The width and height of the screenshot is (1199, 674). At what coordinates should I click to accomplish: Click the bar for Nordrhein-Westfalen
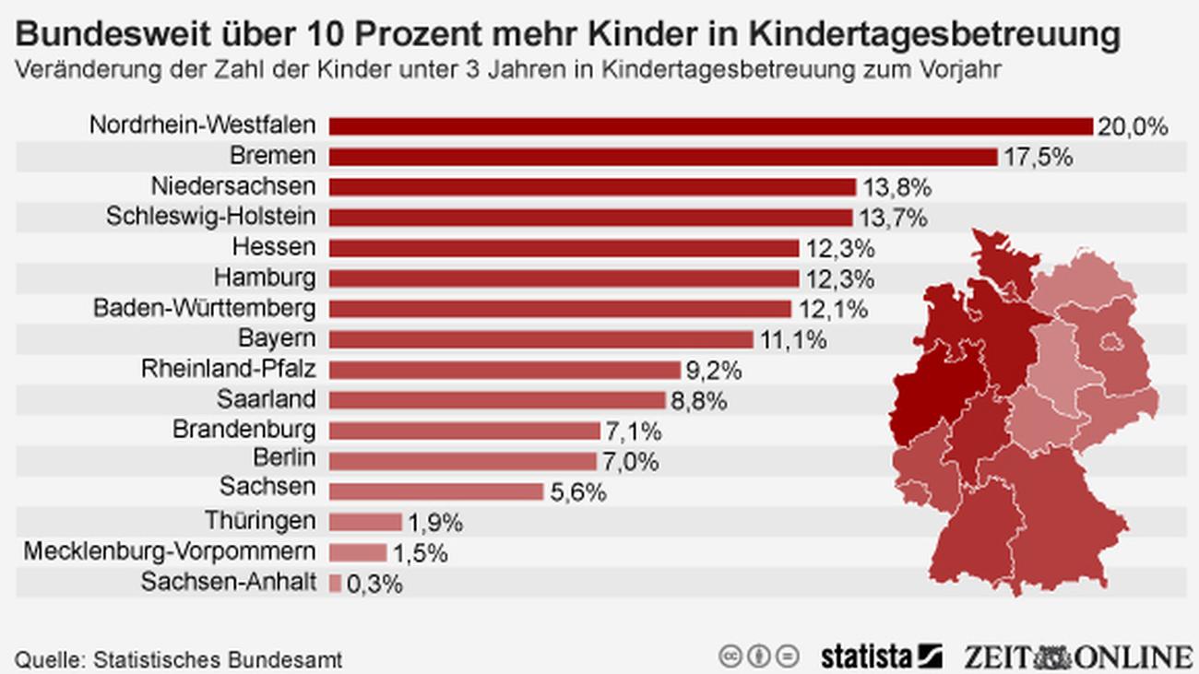click(x=710, y=126)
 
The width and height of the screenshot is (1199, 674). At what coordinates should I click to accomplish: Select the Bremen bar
click(x=663, y=157)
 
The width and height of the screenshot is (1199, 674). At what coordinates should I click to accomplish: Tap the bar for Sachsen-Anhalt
click(x=335, y=583)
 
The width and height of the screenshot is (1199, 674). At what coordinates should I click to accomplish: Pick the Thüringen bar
click(x=365, y=522)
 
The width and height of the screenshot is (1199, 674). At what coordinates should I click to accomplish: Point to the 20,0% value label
click(x=1133, y=126)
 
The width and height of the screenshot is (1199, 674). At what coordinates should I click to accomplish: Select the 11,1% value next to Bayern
click(x=793, y=339)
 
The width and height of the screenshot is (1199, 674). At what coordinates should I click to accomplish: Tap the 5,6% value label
click(x=578, y=491)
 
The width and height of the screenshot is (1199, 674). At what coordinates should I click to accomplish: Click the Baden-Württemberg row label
click(x=204, y=308)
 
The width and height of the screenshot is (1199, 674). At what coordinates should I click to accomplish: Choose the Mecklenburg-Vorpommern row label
click(x=170, y=551)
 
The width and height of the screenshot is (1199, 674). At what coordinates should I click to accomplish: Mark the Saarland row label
click(x=267, y=399)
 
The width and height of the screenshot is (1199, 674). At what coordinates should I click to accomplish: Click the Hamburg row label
click(x=265, y=278)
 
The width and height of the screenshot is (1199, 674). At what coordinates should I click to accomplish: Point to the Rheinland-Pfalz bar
click(x=505, y=370)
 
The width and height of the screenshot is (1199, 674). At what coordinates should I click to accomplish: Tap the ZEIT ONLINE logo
click(x=1078, y=656)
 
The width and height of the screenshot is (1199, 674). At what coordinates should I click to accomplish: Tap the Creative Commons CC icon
click(x=730, y=656)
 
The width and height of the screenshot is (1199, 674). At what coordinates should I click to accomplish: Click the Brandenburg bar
click(x=465, y=431)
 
